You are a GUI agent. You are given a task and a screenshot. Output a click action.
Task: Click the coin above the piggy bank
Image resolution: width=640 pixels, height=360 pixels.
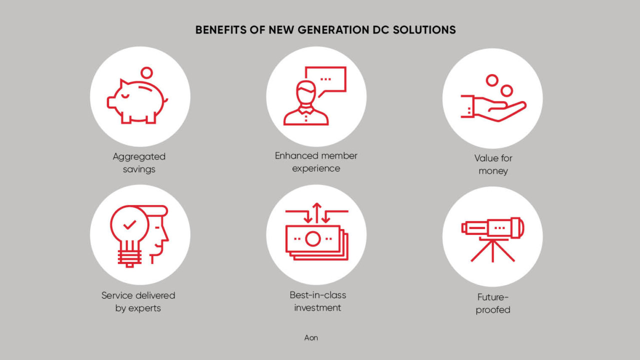(147, 73)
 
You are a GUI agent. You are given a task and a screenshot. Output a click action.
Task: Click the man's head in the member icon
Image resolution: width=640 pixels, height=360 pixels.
(306, 93)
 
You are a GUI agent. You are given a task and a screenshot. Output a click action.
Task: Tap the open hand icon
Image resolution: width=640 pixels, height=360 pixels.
(493, 108)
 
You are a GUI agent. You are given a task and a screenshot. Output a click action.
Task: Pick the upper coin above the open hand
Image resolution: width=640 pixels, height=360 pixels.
(492, 80)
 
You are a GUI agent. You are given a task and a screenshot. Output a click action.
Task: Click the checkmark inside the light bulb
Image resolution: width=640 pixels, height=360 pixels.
(129, 224)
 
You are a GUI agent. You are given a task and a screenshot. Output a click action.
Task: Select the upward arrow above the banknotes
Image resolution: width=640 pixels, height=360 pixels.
(316, 213)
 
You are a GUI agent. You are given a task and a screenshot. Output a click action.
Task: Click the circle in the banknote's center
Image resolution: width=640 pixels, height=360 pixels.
(312, 239)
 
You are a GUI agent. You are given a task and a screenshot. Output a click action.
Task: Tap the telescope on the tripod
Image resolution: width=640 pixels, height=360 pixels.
(493, 228)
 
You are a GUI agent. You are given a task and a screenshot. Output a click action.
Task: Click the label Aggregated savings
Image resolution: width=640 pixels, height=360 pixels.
(139, 163)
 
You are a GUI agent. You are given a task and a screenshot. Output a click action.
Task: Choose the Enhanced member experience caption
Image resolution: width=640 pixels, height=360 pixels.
(316, 162)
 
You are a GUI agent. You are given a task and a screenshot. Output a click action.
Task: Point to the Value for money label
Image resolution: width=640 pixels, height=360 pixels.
(493, 164)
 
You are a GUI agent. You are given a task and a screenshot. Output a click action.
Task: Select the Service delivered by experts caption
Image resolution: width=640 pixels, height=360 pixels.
(138, 301)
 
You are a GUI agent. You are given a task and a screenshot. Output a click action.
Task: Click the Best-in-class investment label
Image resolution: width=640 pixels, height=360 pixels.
(317, 301)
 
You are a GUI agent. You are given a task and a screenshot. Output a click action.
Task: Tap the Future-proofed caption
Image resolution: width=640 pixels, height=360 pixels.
(493, 303)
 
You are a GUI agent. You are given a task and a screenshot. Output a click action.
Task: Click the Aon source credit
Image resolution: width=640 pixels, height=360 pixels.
(311, 337)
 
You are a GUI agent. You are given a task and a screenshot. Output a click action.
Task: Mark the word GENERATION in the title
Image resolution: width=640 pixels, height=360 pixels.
(333, 30)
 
